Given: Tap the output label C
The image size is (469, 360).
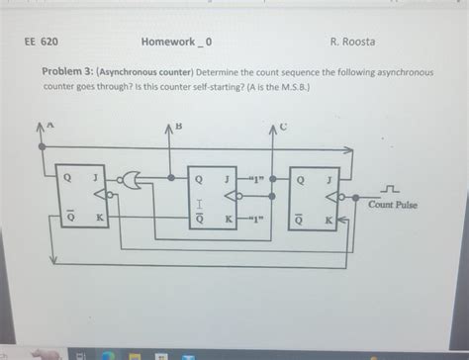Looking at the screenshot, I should point(283,126).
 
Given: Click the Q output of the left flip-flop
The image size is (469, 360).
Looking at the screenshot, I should point(68,179).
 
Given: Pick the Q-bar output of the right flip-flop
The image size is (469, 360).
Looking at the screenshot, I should point(297,220).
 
